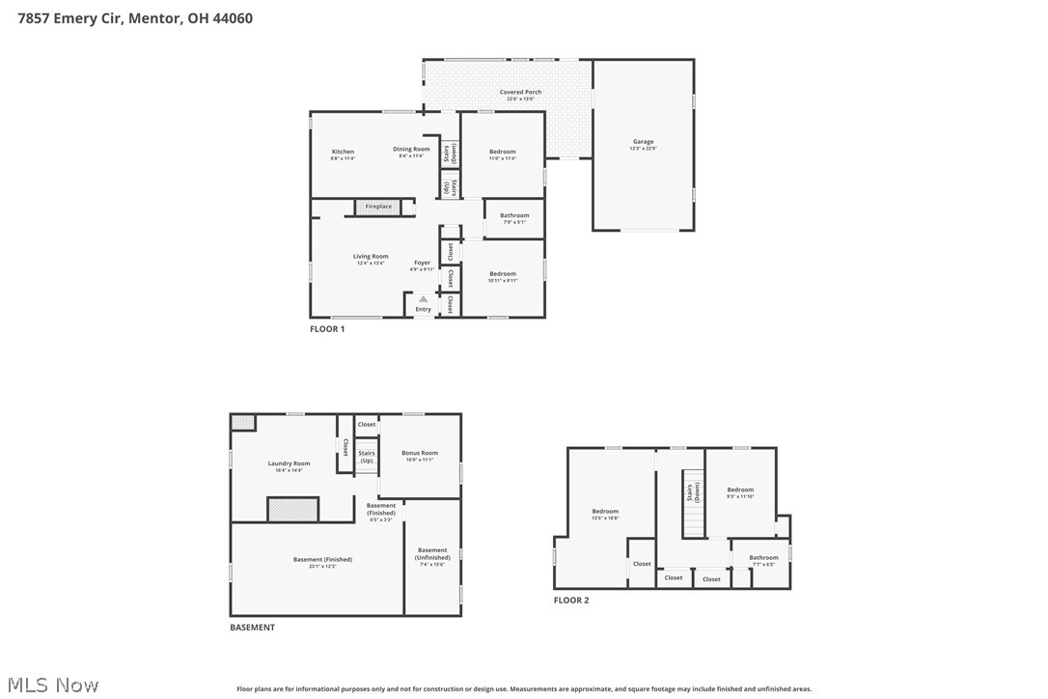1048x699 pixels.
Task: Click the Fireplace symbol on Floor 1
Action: click(378, 207)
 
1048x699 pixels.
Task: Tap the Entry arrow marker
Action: click(423, 299)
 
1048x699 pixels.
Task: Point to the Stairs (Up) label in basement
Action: click(367, 457)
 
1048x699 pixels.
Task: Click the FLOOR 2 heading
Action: click(571, 601)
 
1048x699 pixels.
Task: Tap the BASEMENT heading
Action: click(252, 628)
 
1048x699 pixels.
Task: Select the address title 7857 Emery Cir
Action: click(135, 17)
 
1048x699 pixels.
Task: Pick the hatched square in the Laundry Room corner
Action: click(243, 422)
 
